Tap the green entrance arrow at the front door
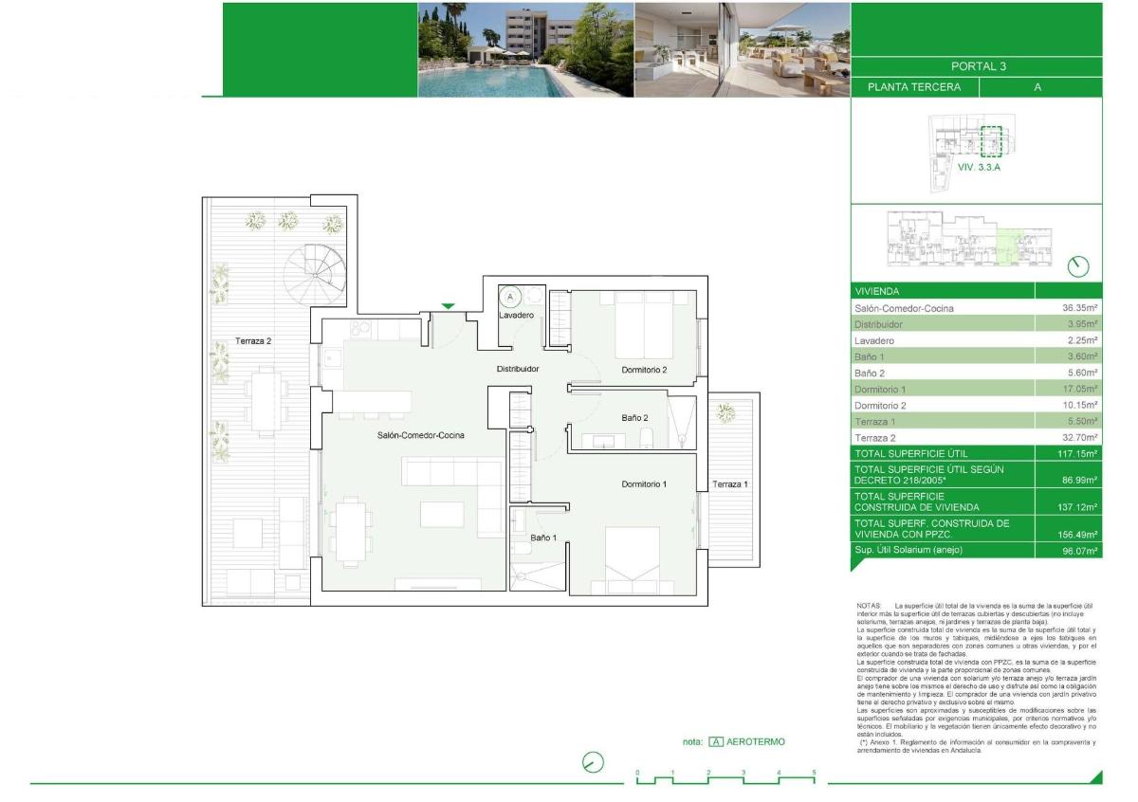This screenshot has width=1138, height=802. pyautogui.click(x=448, y=305)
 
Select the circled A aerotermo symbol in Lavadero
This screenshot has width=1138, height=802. pyautogui.click(x=510, y=297)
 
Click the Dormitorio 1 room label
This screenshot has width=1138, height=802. pyautogui.click(x=644, y=484)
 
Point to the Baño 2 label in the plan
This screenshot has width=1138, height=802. pyautogui.click(x=634, y=418)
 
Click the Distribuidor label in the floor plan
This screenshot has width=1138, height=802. pyautogui.click(x=518, y=369)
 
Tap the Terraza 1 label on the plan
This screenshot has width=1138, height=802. pyautogui.click(x=730, y=484)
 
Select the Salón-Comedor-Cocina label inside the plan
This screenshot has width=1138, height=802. pyautogui.click(x=414, y=435)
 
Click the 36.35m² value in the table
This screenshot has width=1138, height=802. pyautogui.click(x=1079, y=308)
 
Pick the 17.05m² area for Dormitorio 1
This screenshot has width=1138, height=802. pyautogui.click(x=1079, y=389)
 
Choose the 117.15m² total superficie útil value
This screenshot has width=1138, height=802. pyautogui.click(x=1077, y=453)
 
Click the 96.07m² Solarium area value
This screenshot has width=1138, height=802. pyautogui.click(x=1079, y=550)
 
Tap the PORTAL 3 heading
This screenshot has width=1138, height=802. pyautogui.click(x=977, y=66)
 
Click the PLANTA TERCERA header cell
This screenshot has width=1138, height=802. pyautogui.click(x=914, y=87)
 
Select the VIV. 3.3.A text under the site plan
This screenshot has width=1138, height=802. pyautogui.click(x=979, y=166)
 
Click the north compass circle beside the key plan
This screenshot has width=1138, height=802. pyautogui.click(x=1078, y=266)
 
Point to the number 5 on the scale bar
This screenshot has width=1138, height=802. pyautogui.click(x=814, y=774)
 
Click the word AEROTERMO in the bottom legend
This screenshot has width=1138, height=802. pyautogui.click(x=756, y=741)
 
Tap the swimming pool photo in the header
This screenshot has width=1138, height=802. pyautogui.click(x=525, y=49)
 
